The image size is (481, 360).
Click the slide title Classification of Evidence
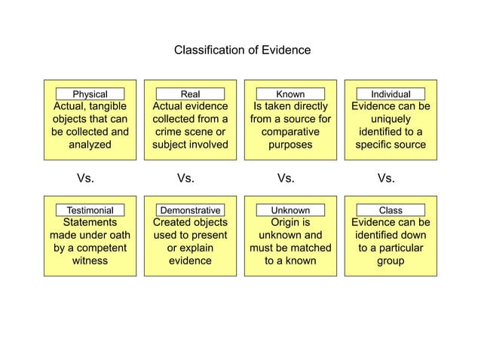pos(242,50)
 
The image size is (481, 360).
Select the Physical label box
pos(90,94)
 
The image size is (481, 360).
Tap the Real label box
pos(190,94)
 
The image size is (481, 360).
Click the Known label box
pos(290,94)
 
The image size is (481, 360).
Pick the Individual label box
pos(391,94)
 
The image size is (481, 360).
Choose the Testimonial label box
pos(90,210)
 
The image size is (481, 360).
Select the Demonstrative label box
pos(190,210)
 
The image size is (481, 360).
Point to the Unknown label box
pos(290,210)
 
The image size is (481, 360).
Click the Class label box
pos(391,210)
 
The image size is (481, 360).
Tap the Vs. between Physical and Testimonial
pos(85,178)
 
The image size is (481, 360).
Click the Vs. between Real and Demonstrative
pos(185,178)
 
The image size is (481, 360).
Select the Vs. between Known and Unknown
pos(286,178)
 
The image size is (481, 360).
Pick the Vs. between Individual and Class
pos(385,178)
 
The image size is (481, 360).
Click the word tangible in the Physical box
pos(108,107)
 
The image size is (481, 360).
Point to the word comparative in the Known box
pos(290,132)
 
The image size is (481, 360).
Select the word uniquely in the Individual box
pos(391,119)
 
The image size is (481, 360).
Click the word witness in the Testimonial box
pos(90,261)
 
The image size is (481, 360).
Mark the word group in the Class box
pos(391,261)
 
